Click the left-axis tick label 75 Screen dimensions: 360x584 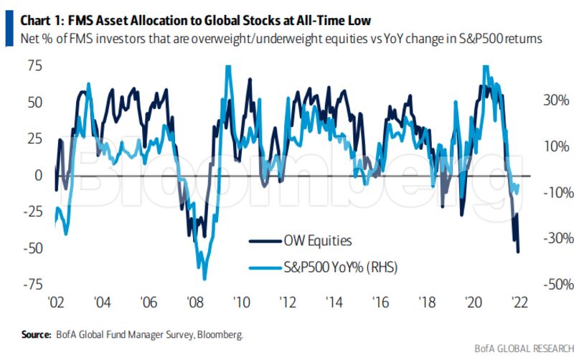click(34, 66)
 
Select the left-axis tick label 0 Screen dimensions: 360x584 click(38, 175)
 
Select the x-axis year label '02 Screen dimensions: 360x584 click(56, 302)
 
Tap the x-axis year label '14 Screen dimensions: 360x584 click(333, 302)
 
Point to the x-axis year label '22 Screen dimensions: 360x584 click(517, 302)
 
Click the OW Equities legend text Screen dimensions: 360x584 click(317, 241)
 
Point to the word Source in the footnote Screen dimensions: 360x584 click(35, 333)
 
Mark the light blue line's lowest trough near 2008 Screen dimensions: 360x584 click(204, 279)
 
